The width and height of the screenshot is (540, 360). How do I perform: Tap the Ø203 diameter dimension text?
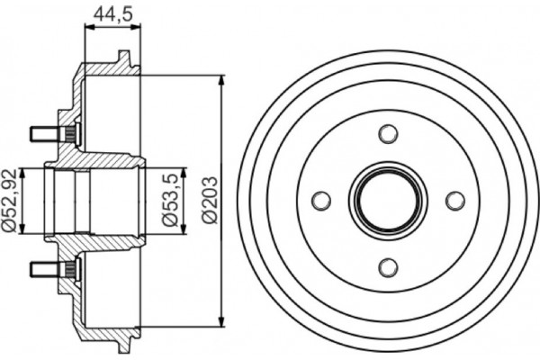pos(208,200)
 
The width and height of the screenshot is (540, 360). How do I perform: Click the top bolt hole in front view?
pos(388,134)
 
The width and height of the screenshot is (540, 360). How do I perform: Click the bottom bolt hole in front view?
pos(388,266)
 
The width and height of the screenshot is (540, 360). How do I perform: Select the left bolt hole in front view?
pos(321,200)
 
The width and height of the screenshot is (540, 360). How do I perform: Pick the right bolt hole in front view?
pos(454,200)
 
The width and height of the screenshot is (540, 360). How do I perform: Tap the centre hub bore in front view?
pos(388,200)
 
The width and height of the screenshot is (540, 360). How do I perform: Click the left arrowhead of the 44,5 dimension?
pos(87,29)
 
